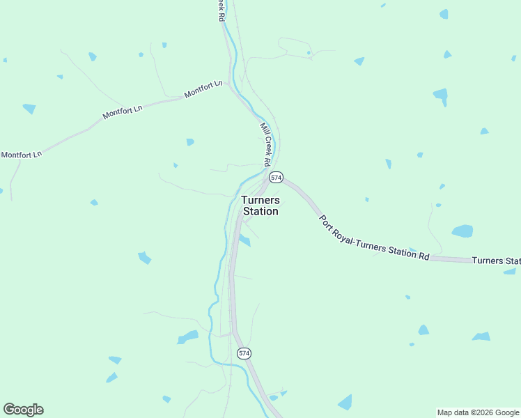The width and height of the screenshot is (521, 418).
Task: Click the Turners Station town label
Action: [260, 206]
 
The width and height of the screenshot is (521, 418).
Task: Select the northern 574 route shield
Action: [277, 178]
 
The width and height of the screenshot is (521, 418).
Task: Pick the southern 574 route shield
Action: [244, 353]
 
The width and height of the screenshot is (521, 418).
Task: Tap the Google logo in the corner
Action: [23, 410]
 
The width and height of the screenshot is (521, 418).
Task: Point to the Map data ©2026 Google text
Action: [479, 412]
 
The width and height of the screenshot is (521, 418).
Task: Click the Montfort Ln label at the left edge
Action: [22, 154]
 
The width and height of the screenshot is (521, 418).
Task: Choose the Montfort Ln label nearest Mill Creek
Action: [203, 89]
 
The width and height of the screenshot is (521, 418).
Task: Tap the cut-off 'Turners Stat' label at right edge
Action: [496, 261]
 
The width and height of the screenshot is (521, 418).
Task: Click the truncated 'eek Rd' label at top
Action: [221, 10]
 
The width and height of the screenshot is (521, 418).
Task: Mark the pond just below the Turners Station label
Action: [244, 240]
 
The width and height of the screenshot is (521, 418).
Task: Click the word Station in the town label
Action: [260, 211]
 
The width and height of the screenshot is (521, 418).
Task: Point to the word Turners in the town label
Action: [260, 200]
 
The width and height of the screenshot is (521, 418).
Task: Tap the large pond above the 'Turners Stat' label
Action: [462, 231]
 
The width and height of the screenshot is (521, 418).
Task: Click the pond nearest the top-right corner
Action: [444, 14]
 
